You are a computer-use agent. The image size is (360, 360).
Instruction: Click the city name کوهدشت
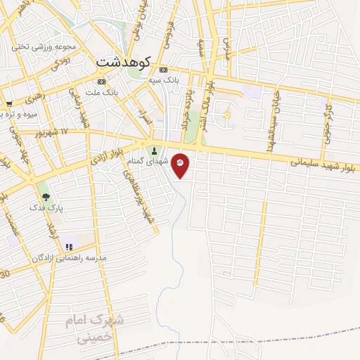[123, 61]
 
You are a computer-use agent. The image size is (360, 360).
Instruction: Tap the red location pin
[181, 165]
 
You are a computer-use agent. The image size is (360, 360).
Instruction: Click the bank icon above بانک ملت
[102, 82]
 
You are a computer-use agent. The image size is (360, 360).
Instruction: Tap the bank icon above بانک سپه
[163, 70]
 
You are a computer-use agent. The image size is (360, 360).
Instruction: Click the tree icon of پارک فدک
[46, 197]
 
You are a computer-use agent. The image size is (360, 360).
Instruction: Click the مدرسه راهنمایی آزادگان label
[68, 258]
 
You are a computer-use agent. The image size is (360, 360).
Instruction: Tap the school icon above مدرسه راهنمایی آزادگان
[69, 247]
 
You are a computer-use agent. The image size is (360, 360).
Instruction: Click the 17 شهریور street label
[53, 131]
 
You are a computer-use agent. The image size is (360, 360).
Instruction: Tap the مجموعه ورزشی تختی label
[43, 47]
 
